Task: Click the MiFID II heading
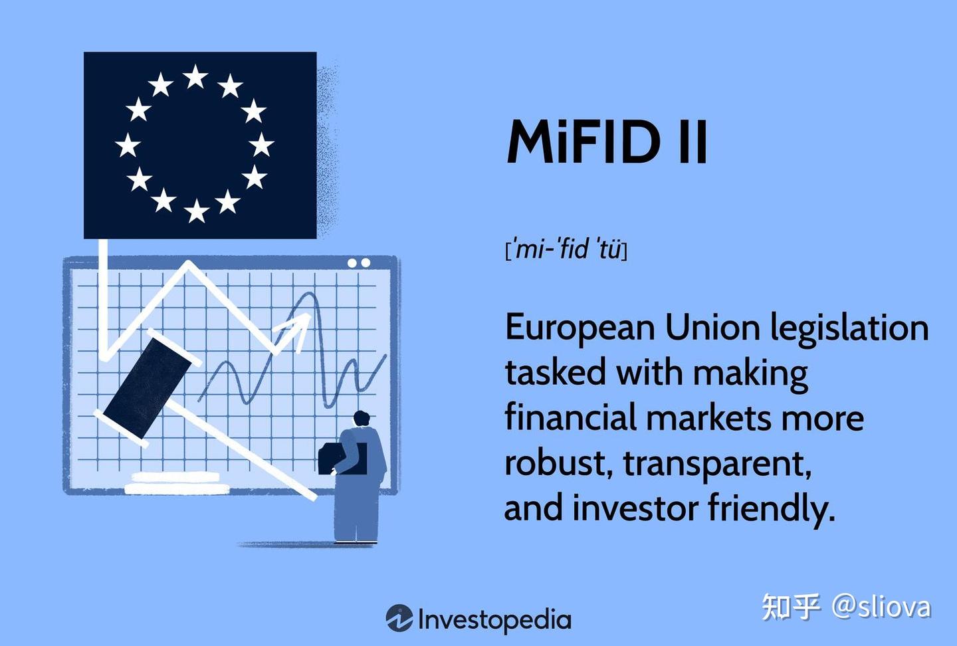607,142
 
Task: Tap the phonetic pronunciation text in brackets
566,250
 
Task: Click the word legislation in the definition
849,328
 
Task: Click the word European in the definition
580,328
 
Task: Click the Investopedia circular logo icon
399,618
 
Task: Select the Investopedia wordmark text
494,619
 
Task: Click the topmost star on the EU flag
195,77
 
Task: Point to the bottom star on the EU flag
197,211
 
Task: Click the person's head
361,419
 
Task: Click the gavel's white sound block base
176,483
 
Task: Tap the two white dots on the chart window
359,263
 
